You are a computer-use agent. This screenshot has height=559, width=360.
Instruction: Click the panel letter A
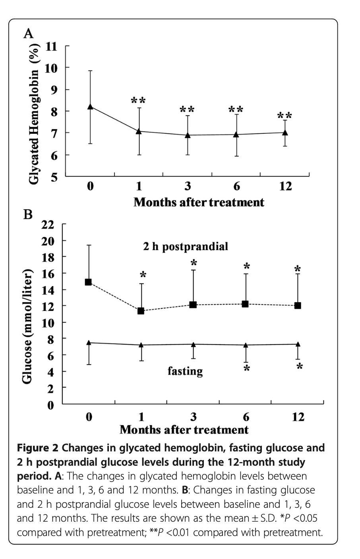28,33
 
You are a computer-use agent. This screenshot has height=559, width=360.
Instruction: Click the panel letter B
28,215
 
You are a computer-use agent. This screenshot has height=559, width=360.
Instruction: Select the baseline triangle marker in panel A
90,106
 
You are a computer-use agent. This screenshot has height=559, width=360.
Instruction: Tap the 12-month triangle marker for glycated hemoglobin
285,132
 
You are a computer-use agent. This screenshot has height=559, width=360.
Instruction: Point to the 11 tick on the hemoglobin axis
52,46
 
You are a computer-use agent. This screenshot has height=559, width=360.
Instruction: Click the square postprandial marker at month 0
89,282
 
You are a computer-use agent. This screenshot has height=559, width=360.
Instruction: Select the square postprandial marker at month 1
141,311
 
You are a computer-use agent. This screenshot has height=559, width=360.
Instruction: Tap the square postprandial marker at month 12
298,306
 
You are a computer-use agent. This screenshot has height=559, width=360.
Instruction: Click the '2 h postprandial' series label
186,247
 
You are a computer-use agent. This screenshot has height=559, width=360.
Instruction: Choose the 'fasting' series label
185,371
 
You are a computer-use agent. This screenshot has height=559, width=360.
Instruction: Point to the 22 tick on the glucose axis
47,225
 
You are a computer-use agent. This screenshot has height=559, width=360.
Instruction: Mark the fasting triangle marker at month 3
193,344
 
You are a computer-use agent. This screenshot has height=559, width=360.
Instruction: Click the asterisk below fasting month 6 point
247,369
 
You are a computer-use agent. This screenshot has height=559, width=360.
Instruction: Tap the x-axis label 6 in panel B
246,417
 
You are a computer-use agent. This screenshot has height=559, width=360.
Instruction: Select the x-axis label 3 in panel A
188,186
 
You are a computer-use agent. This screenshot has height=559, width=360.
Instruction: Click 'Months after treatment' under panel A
199,202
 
